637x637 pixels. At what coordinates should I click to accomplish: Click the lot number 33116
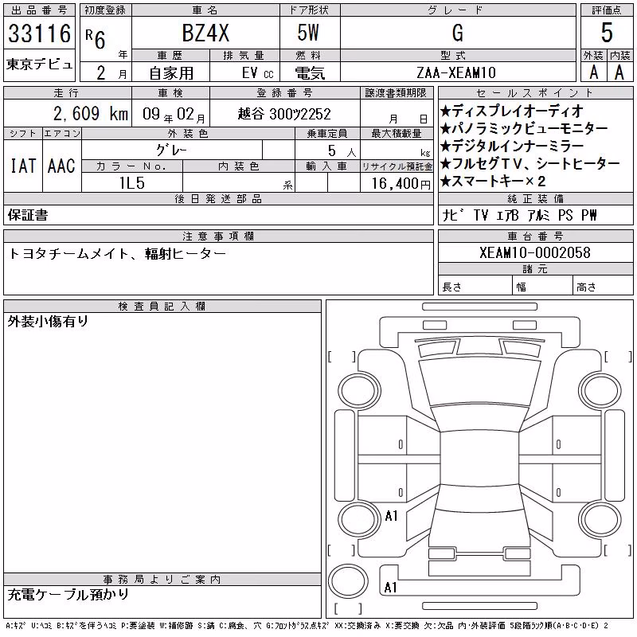coord(39,33)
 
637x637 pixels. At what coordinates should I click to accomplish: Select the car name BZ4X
coord(205,33)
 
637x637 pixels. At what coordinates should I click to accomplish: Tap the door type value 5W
coord(308,33)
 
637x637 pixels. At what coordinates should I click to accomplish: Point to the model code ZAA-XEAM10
coord(456,72)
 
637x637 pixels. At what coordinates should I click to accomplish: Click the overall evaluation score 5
coord(607,33)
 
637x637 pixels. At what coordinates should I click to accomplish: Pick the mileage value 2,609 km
coord(91,113)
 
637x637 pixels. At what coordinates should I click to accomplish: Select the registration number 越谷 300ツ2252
coord(284,114)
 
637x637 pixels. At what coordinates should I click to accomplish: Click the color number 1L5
coord(132,183)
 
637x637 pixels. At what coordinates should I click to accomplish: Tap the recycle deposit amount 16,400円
coord(401,184)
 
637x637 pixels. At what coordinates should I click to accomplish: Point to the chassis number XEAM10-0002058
coord(535,252)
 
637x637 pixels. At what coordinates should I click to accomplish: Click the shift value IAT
coord(23,166)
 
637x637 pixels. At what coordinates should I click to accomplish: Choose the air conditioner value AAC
coord(61,166)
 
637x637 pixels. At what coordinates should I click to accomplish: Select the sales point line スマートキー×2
coord(493,182)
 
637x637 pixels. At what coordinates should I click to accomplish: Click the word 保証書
coord(28,215)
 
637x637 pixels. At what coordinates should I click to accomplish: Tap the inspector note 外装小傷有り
coord(48,322)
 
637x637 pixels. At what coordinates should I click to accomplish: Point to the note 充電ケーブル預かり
coord(68,595)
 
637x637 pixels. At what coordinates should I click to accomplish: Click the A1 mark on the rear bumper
coord(390,587)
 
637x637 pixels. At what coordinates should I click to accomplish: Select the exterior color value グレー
coord(172,150)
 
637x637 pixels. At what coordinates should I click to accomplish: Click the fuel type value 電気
coord(310,73)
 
